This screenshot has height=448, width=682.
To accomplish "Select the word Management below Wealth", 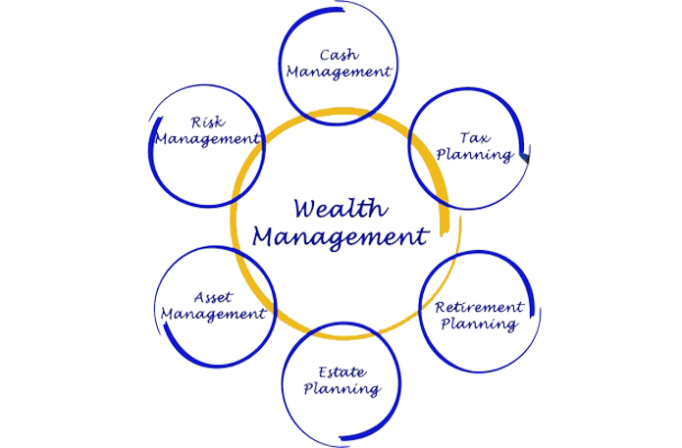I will tap(341, 236).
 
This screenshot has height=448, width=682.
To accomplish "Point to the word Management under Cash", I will tap(339, 73).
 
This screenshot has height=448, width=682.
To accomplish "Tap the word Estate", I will tap(341, 373).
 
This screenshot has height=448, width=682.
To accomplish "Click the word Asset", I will tap(213, 297).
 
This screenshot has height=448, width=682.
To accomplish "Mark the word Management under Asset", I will tap(213, 316).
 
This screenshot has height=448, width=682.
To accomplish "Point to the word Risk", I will tap(208, 123).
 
